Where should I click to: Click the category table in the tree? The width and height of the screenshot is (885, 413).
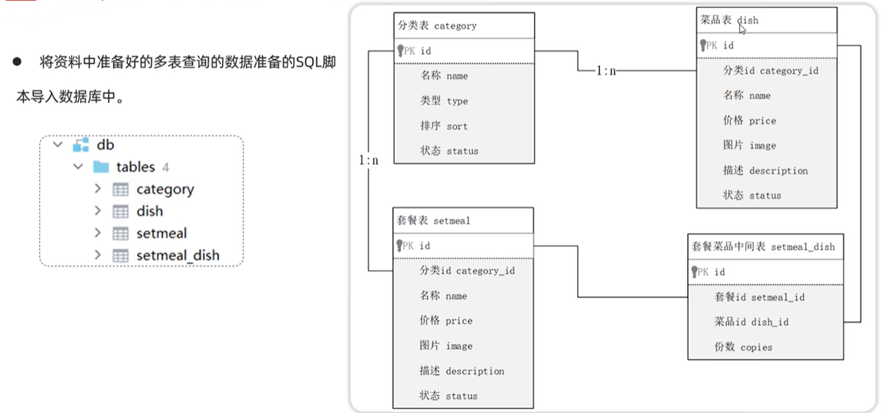click(x=164, y=189)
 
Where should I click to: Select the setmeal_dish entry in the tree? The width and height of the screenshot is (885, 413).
click(x=177, y=255)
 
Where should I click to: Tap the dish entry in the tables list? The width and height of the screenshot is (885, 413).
click(x=149, y=211)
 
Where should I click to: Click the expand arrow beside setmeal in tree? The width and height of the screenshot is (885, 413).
click(x=97, y=233)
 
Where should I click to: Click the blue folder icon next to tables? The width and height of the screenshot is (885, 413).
click(x=101, y=167)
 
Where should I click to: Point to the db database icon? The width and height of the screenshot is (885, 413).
click(x=81, y=145)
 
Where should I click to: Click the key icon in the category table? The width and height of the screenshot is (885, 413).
click(x=401, y=50)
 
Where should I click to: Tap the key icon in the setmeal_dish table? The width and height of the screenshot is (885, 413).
click(x=695, y=271)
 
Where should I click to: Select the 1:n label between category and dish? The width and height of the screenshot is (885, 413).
click(x=606, y=70)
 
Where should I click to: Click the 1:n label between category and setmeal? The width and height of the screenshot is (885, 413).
click(x=368, y=160)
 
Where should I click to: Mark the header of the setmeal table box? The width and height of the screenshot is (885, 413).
click(x=463, y=220)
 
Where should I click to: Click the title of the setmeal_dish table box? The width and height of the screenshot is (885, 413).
click(x=765, y=246)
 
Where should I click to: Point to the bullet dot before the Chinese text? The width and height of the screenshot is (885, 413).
click(x=17, y=62)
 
